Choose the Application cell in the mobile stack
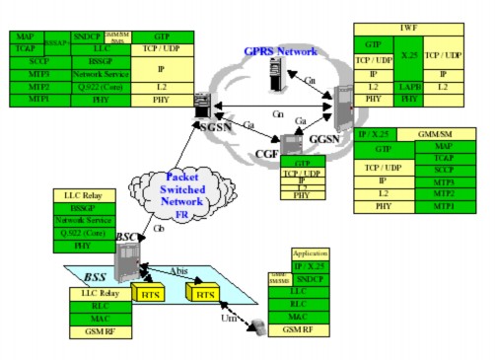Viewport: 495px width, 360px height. [x=310, y=253]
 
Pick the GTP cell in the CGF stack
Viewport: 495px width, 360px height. [x=303, y=161]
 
